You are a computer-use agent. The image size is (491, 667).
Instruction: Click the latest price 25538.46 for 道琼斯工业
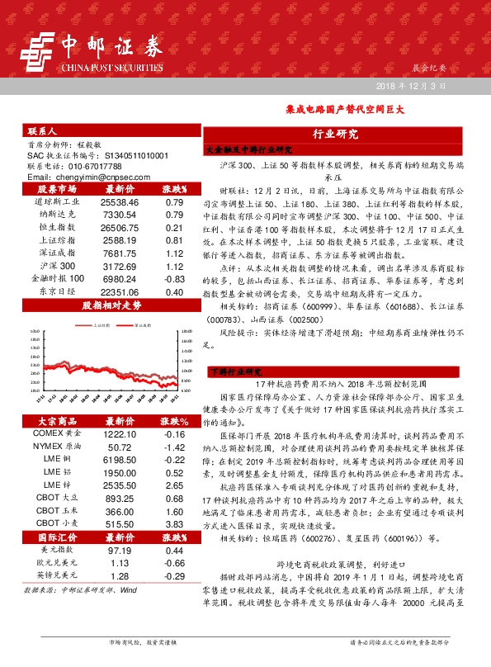(x=119, y=201)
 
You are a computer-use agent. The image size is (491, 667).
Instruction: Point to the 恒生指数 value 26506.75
(x=119, y=227)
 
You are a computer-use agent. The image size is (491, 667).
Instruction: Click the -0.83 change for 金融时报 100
(x=173, y=281)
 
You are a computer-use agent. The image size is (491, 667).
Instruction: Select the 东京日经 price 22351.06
(x=119, y=292)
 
